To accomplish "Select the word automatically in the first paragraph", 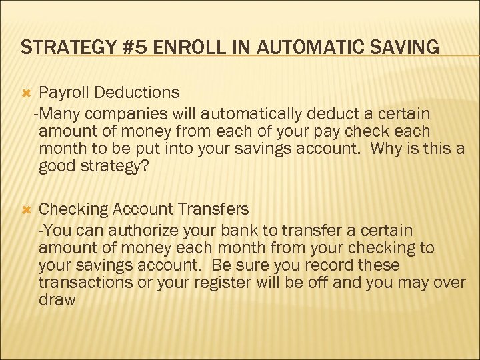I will pos(242,113).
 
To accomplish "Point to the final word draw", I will pos(57,300).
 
